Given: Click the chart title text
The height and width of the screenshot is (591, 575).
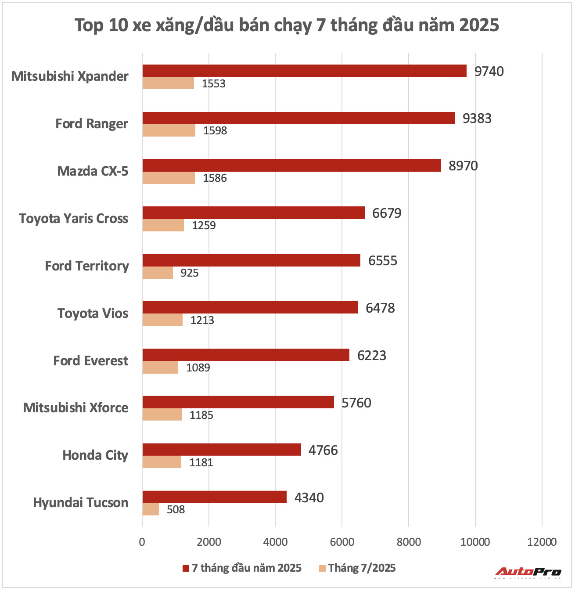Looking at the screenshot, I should (287, 25).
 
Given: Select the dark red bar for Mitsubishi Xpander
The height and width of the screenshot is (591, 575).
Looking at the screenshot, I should (304, 71).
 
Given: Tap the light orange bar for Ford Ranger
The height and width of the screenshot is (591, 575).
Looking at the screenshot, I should (169, 130).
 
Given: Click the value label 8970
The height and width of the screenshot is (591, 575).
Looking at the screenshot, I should (463, 166).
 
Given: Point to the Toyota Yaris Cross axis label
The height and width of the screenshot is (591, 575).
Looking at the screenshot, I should (74, 219).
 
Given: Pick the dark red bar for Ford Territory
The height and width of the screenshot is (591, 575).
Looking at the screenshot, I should (251, 260).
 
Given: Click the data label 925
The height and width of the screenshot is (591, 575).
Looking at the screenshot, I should (190, 273).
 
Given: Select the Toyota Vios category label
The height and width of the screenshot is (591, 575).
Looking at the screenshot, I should (93, 314).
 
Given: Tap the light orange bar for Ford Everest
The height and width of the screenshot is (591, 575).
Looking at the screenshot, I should (160, 368).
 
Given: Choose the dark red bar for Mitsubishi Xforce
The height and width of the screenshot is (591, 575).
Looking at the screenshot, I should (238, 402).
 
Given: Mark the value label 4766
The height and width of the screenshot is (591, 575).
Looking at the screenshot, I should (323, 450).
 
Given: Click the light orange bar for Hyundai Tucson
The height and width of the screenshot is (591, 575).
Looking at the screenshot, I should (151, 509).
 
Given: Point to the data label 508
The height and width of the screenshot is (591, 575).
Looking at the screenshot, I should (176, 510).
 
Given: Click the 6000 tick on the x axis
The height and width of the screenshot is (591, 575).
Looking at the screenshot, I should (342, 542).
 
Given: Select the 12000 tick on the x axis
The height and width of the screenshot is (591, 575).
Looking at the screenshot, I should (542, 542).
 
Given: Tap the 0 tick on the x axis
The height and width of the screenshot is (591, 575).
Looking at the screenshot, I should (142, 542).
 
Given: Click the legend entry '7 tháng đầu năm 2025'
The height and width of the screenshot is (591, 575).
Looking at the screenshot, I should (242, 568).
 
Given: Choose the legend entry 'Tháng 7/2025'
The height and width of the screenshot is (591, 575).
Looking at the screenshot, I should (357, 568).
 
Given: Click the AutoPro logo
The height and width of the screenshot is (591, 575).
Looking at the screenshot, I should (528, 573).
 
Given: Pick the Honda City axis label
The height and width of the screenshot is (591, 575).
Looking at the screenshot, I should (95, 455).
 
